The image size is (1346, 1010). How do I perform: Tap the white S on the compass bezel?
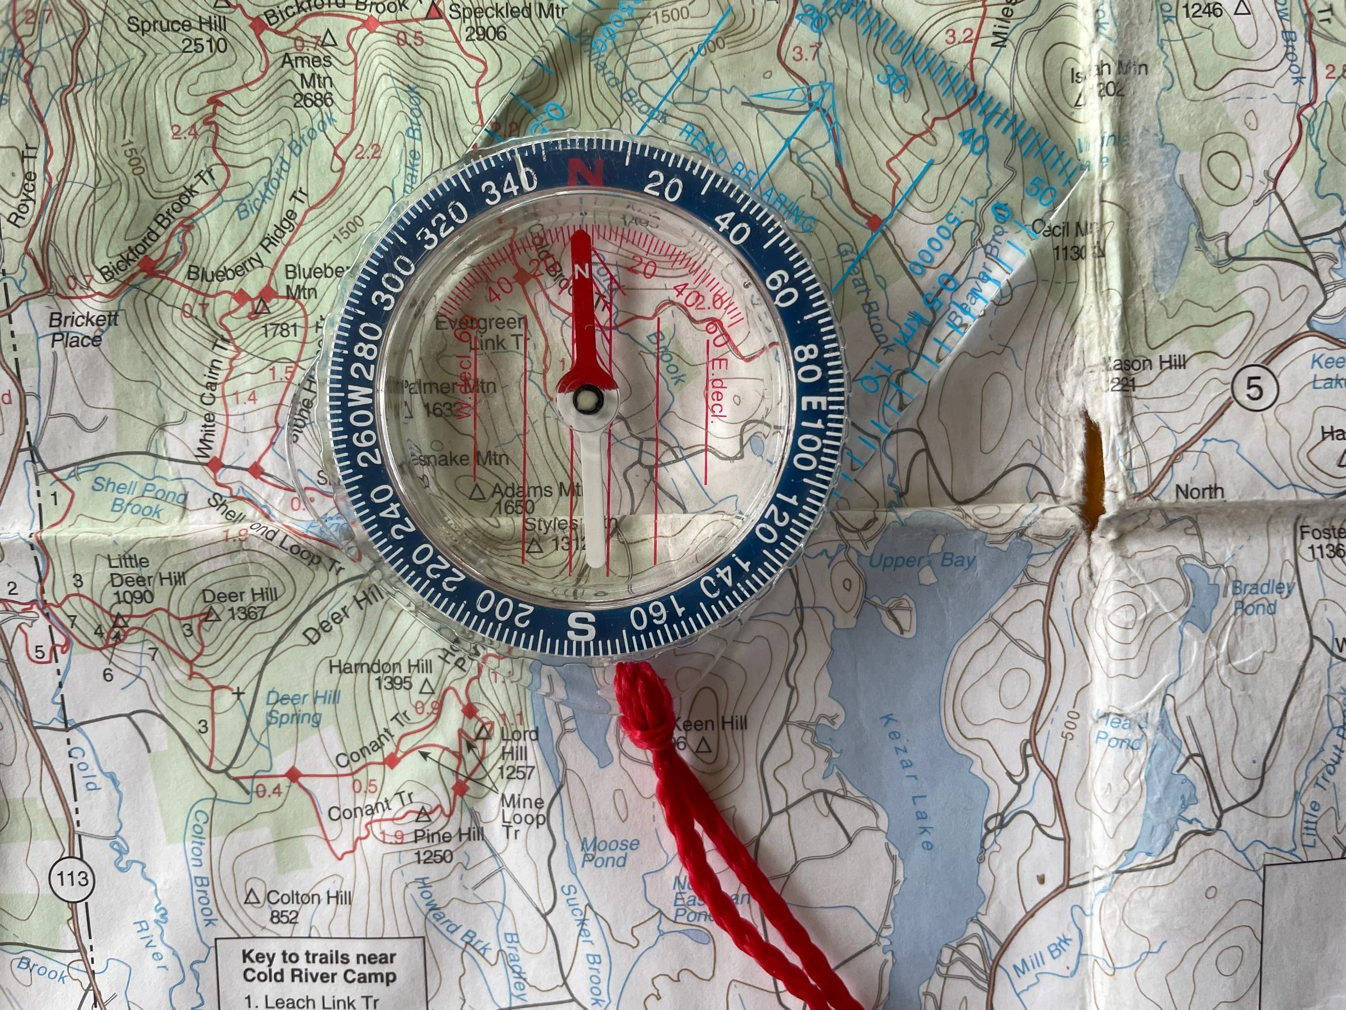[581, 625]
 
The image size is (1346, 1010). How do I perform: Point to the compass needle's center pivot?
[587, 401]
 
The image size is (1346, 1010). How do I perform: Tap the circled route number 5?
[1253, 388]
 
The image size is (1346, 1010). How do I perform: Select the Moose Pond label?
[608, 851]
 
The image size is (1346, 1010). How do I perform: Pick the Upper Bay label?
[921, 560]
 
